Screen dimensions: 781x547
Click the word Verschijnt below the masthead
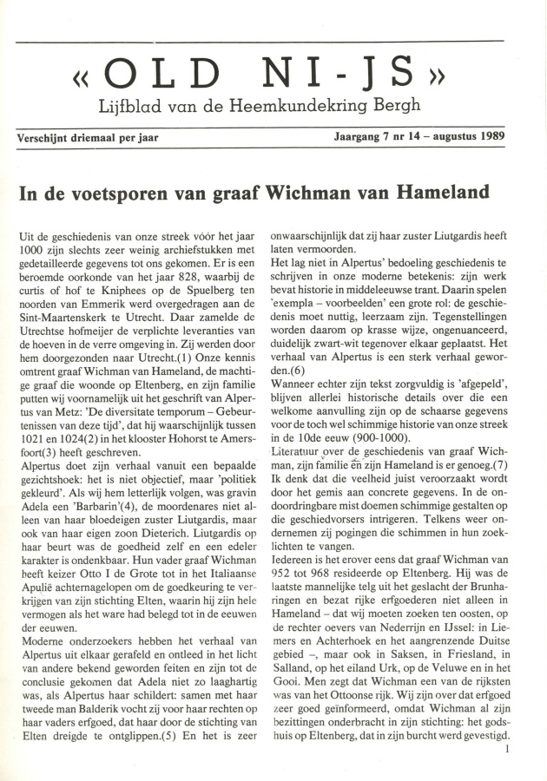[x=43, y=138]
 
